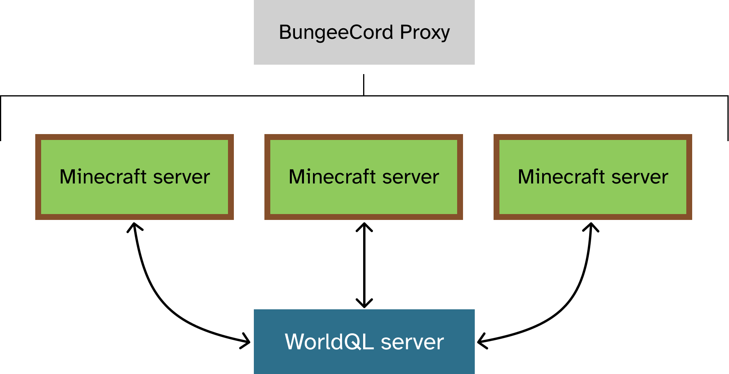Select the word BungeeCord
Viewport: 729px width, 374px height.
click(336, 32)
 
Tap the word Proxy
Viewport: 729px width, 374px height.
click(425, 33)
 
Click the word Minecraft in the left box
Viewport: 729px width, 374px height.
click(103, 176)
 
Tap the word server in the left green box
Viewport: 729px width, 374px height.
click(181, 177)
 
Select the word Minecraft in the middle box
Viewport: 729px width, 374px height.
click(332, 176)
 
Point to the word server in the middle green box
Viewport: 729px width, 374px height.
click(411, 177)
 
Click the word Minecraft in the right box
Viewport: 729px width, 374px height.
click(561, 176)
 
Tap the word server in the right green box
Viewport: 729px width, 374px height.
click(640, 177)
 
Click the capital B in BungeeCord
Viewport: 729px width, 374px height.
click(285, 32)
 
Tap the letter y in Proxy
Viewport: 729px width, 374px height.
click(445, 34)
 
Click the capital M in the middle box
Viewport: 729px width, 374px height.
click(298, 176)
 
